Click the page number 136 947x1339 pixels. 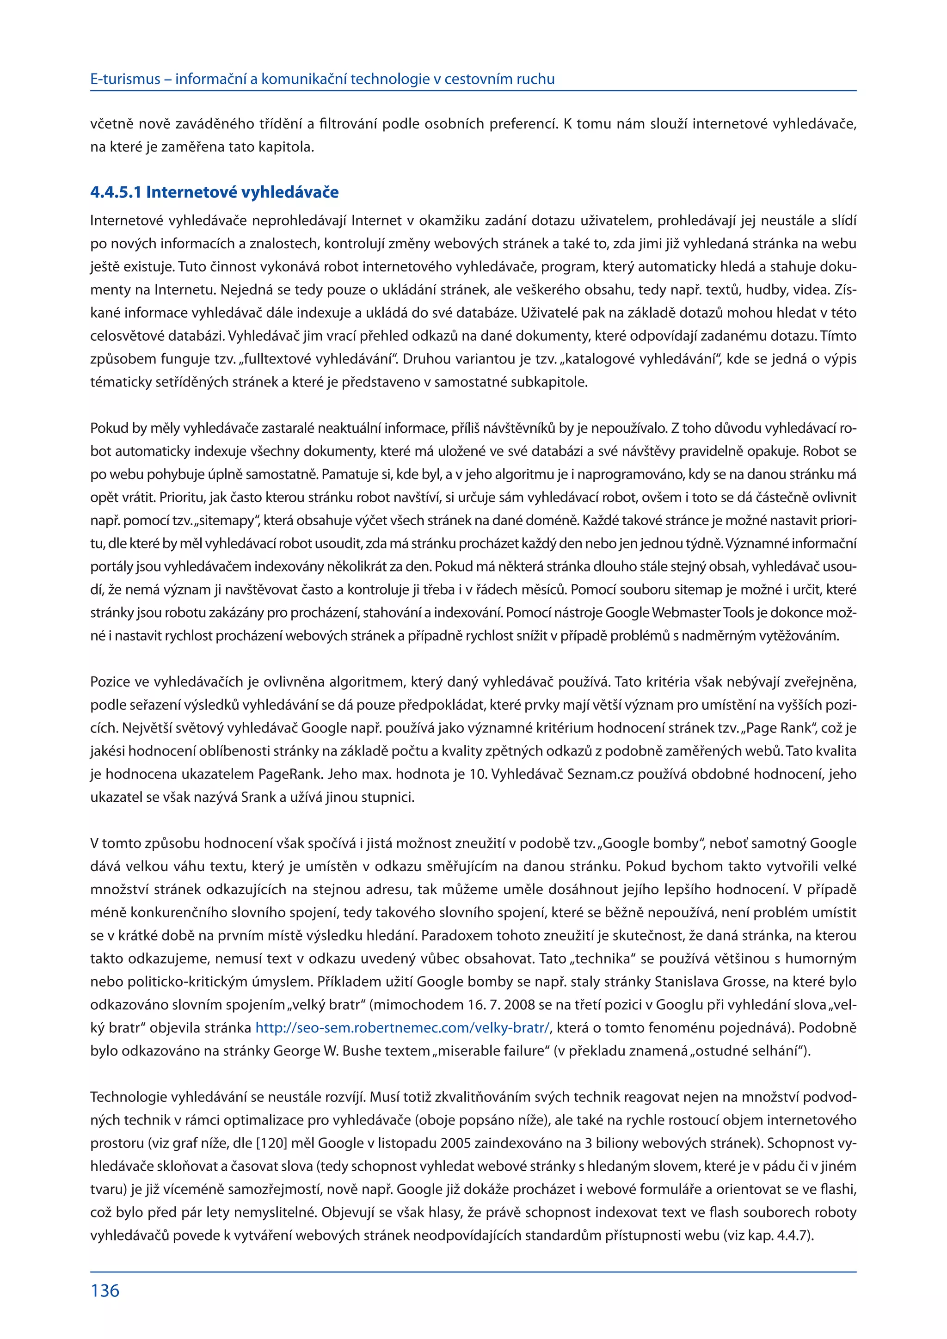coord(105,1290)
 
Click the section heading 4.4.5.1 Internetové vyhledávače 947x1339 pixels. coord(214,192)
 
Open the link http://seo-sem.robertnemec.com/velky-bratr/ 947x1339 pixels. coord(402,1027)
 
